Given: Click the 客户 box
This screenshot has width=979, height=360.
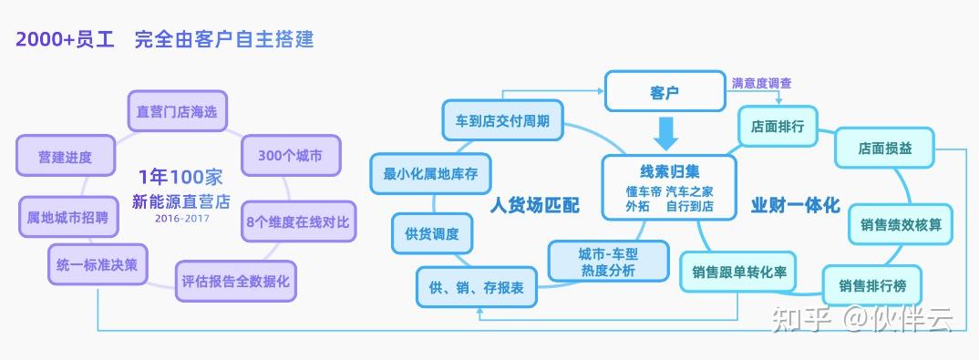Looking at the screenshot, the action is tap(665, 92).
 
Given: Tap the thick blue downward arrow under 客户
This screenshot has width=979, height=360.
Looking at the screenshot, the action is tap(665, 133).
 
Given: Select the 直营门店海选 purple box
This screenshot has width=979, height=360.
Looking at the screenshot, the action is tap(178, 111).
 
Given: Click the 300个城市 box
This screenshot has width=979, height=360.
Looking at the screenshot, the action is tap(291, 155).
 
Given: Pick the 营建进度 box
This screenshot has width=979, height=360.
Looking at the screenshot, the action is tap(66, 155).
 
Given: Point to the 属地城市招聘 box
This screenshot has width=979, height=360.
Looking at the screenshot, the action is tap(68, 217).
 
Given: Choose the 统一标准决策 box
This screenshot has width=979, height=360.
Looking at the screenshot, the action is tap(98, 264).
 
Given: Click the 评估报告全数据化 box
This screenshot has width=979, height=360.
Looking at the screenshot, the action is tap(235, 282).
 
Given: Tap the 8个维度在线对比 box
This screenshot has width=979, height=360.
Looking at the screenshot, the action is tap(298, 221).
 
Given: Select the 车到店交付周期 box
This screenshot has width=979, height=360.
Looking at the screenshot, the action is tap(502, 120).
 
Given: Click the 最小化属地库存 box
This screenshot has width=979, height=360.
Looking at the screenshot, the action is tap(430, 173).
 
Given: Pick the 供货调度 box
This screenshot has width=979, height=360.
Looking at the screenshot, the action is tap(432, 233).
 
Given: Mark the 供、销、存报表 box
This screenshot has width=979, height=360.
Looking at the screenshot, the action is tap(477, 287).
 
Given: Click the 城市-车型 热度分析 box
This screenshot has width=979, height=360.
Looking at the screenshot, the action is tap(608, 262).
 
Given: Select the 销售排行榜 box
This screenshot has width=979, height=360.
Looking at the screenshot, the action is tap(871, 286).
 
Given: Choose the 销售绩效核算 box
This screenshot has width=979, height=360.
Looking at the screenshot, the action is tap(901, 224).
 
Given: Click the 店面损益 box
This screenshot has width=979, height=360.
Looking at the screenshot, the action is tap(884, 148).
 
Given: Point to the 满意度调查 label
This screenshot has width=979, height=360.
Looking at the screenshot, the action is tap(762, 82).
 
